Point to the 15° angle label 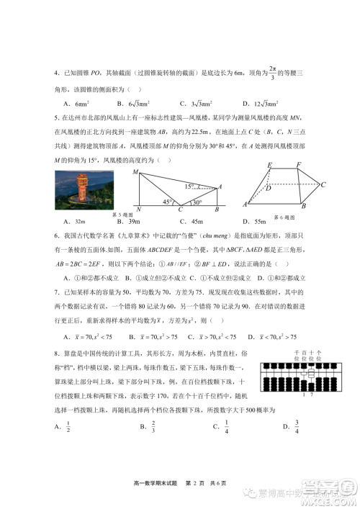tap(189, 186)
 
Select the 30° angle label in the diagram tap(196, 202)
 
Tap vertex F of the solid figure tap(299, 166)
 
